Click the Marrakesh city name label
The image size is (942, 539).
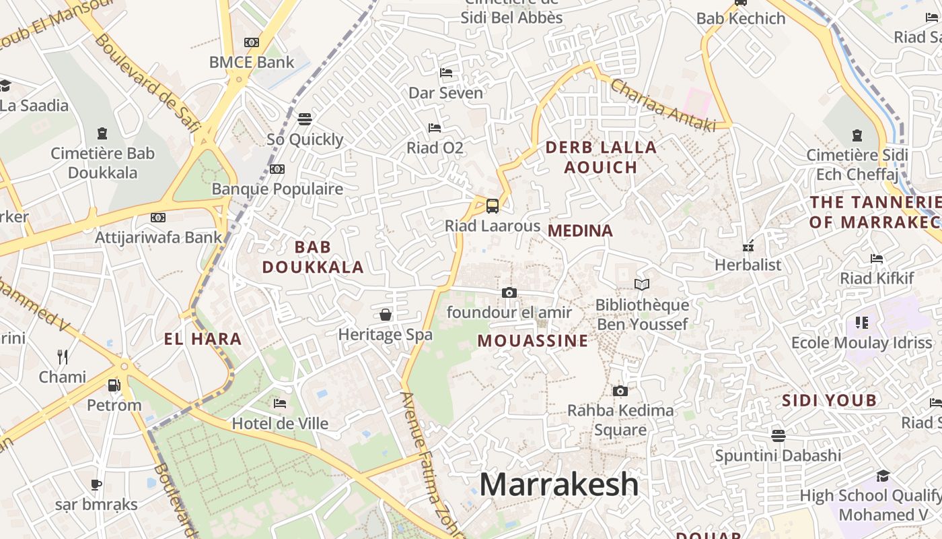559,484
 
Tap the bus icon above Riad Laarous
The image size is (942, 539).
493,205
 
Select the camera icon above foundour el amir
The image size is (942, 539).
509,292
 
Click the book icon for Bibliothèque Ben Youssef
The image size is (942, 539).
642,285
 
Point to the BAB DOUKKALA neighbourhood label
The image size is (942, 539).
313,257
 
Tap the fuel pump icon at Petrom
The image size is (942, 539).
114,385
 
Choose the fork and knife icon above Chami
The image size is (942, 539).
63,356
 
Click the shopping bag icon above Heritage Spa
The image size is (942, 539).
386,314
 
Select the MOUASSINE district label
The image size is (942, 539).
533,341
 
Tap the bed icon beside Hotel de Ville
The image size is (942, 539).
280,404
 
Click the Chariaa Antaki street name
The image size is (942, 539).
663,106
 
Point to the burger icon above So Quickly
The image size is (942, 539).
305,119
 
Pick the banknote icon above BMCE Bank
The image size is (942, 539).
252,42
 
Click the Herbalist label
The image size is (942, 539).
748,265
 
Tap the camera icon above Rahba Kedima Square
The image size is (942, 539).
620,391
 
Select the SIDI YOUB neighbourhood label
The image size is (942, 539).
829,401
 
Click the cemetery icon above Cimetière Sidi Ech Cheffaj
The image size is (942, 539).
857,135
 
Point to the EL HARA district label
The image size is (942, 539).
203,338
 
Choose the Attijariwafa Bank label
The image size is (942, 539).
158,237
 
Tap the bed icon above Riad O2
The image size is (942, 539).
435,127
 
